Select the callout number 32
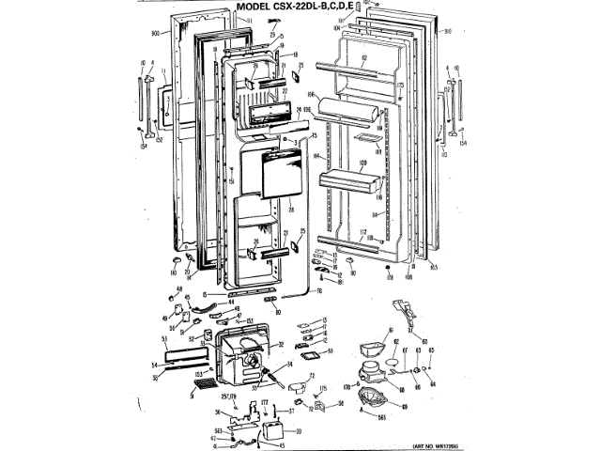(x=281, y=345)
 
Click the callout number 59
(x=298, y=431)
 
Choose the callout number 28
(x=292, y=209)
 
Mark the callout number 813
(x=434, y=268)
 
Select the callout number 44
(x=230, y=302)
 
